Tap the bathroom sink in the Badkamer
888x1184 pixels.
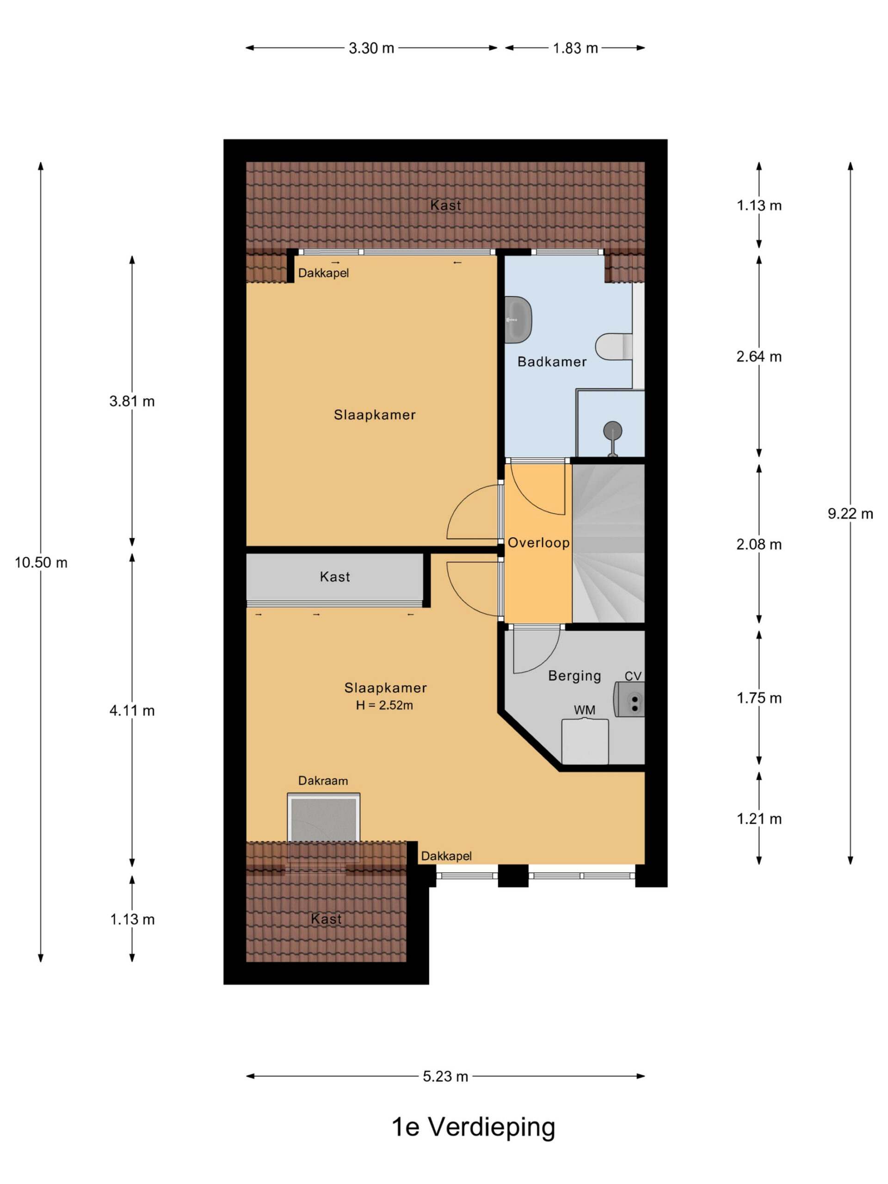click(518, 320)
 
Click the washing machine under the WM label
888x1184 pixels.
click(585, 741)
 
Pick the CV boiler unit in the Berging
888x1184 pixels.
click(629, 699)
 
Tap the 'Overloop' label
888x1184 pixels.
click(538, 543)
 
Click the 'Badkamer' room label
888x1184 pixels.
click(552, 362)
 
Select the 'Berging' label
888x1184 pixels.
click(574, 676)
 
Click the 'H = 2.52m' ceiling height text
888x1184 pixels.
click(384, 705)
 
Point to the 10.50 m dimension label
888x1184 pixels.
click(41, 562)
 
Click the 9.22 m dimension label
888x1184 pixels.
click(850, 514)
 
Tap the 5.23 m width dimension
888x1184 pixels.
click(445, 1076)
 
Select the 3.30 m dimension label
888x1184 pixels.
click(371, 48)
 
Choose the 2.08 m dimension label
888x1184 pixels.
click(759, 544)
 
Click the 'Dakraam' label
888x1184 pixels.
click(323, 781)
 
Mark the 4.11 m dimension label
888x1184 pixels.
click(132, 711)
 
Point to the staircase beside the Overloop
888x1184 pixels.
click(608, 543)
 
